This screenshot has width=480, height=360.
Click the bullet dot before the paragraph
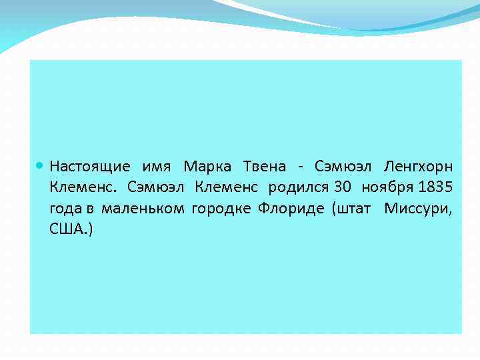(41, 165)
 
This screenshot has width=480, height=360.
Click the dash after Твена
(302, 166)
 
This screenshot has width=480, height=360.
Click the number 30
(341, 187)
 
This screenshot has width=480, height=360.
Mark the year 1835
(435, 187)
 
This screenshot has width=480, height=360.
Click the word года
(65, 209)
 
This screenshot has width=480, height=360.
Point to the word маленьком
(143, 209)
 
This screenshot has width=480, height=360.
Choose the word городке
(221, 209)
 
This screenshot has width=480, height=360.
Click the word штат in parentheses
(354, 209)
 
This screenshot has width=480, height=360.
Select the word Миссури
(417, 209)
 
